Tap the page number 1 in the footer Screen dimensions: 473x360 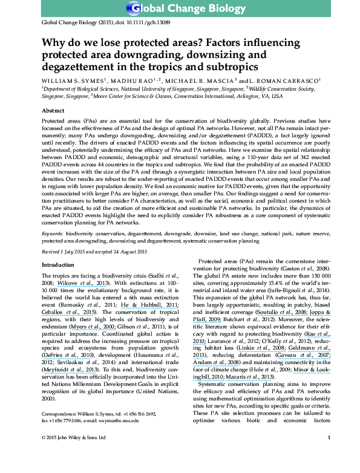pyautogui.click(x=345, y=454)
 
